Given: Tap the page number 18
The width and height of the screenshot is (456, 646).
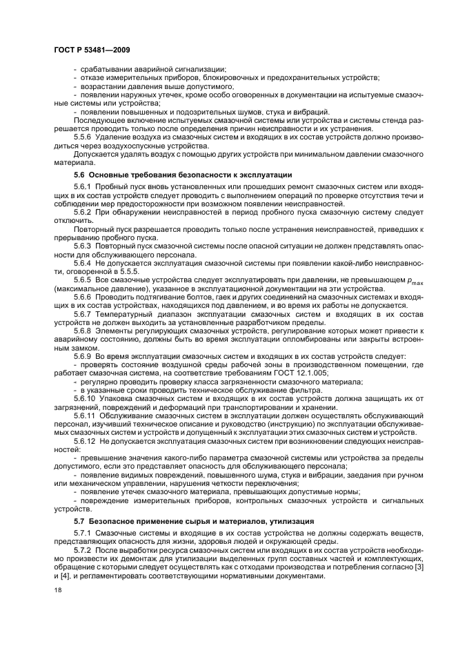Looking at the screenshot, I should [x=58, y=591].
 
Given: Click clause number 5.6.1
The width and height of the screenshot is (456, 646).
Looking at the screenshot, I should [x=83, y=188].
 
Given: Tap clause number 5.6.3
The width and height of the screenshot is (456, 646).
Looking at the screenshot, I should [x=83, y=245].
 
